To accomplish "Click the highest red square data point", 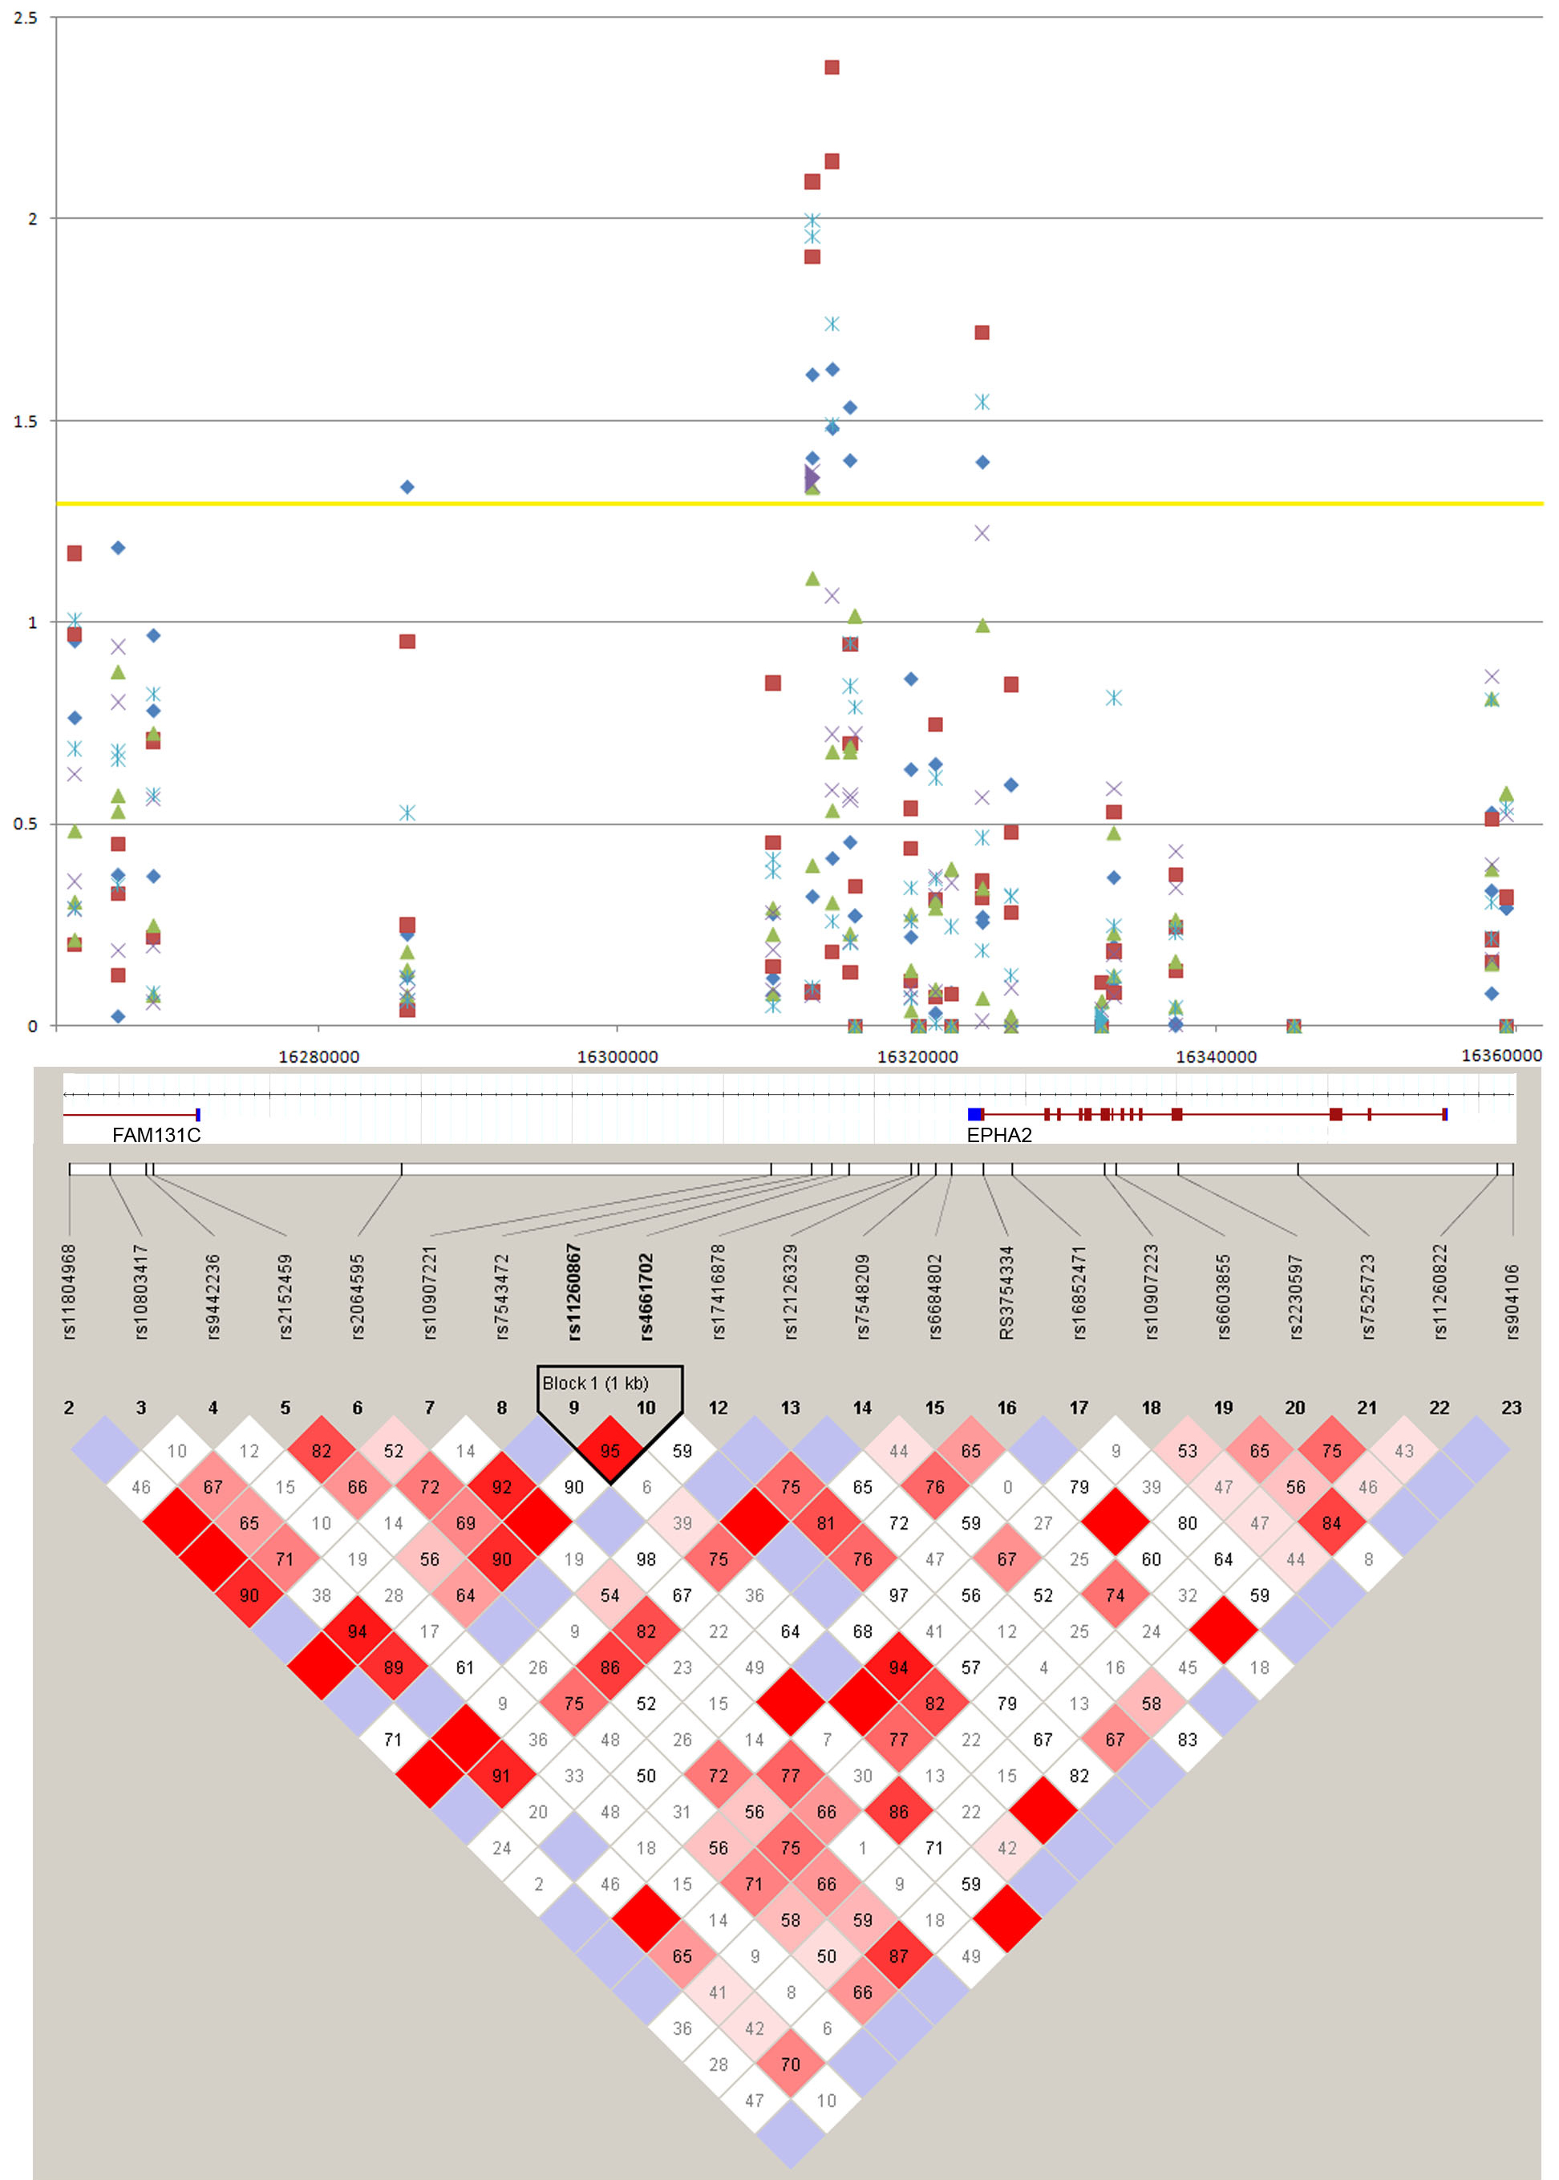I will click(x=832, y=67).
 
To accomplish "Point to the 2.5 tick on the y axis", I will click(x=26, y=18).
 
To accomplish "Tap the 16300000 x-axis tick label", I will click(x=618, y=1057).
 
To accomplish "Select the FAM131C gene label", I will click(x=156, y=1135).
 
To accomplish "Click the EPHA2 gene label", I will click(x=998, y=1135).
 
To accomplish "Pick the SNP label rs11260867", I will click(x=574, y=1291).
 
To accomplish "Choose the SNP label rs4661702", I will click(x=646, y=1296).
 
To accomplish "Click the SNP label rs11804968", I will click(x=69, y=1291).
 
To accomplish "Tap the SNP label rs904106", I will click(x=1512, y=1301).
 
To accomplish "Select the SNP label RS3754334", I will click(x=1006, y=1291).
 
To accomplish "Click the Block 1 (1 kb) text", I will click(x=595, y=1384).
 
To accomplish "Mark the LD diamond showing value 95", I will click(x=610, y=1450).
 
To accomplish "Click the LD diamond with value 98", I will click(x=646, y=1559).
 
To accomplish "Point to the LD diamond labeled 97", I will click(x=898, y=1595).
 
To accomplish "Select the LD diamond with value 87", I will click(x=898, y=1956).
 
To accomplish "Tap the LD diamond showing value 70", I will click(x=790, y=2064).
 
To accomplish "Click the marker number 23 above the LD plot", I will click(x=1511, y=1408).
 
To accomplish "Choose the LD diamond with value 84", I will click(x=1331, y=1522).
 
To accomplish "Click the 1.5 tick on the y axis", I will click(x=26, y=421).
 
